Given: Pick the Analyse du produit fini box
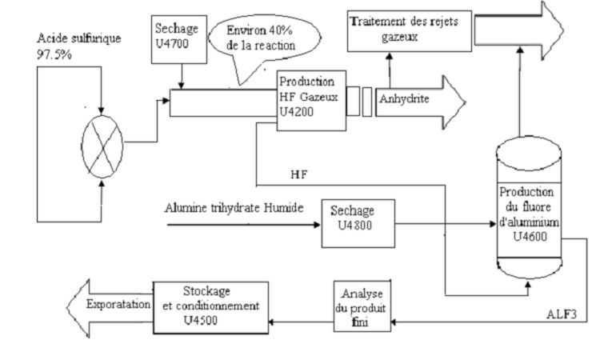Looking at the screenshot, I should click(x=360, y=306).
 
